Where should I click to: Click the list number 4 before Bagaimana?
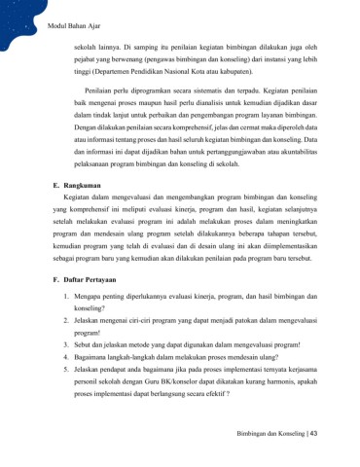click(x=63, y=387)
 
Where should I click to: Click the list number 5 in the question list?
click(x=63, y=401)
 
